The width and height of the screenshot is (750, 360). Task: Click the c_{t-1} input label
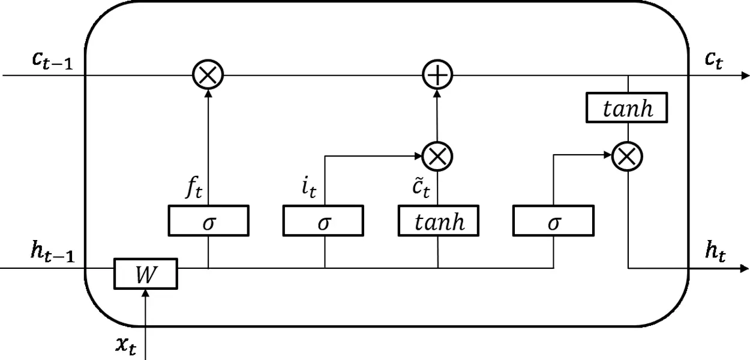tap(52, 61)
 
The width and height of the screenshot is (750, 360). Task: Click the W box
tap(146, 274)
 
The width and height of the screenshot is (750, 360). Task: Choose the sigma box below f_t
tap(208, 221)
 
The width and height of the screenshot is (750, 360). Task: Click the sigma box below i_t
tap(323, 221)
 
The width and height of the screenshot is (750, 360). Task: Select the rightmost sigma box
tap(553, 221)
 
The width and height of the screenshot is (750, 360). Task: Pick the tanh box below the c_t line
tap(627, 109)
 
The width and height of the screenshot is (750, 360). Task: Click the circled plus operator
tap(437, 76)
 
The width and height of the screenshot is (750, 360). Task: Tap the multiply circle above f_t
tap(208, 76)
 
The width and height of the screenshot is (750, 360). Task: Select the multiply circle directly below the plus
tap(437, 156)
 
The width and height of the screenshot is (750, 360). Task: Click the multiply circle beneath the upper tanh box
tap(627, 157)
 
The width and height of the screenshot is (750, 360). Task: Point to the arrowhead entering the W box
tap(146, 293)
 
